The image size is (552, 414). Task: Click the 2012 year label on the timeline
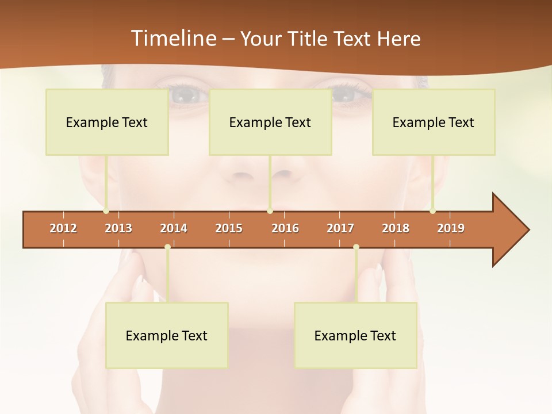tap(63, 228)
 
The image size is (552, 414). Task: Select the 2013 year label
tap(118, 228)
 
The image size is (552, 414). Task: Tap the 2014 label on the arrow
tap(174, 228)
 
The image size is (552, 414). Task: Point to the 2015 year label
tap(229, 228)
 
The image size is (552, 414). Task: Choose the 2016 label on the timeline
tap(285, 228)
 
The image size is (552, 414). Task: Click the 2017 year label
tap(340, 228)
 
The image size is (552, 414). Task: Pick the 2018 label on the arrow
tap(396, 228)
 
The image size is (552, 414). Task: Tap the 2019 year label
tap(451, 228)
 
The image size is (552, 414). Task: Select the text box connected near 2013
tap(107, 122)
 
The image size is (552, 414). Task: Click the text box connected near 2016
tap(270, 122)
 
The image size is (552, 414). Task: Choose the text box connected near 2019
tap(434, 122)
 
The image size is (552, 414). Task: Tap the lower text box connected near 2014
tap(167, 335)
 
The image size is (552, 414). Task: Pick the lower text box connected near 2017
tap(355, 335)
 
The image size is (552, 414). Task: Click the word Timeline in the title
tap(172, 39)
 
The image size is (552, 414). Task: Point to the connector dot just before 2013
tap(106, 211)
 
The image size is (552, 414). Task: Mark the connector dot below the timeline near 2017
tap(356, 247)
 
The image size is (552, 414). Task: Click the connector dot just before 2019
tap(432, 211)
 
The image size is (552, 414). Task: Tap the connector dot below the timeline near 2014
tap(167, 247)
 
